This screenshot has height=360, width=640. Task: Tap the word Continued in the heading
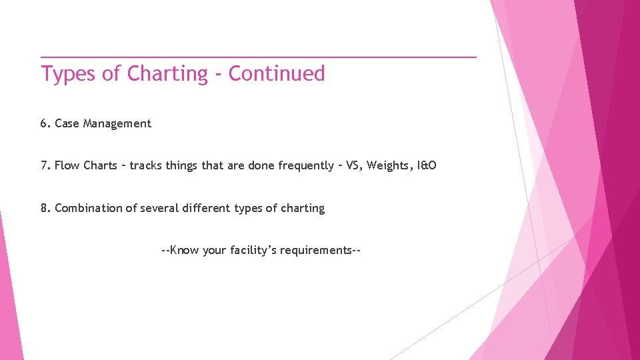coord(277,73)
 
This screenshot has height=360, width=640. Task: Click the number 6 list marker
coord(44,123)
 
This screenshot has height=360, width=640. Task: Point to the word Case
coord(67,123)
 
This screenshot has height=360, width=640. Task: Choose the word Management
coord(117,123)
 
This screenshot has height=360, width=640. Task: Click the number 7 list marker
coord(44,165)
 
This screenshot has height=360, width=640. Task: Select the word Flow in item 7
coord(67,165)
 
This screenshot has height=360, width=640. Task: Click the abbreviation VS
coord(353,165)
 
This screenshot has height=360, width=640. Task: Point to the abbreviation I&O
coord(427,165)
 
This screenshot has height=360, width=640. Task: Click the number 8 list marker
coord(44,208)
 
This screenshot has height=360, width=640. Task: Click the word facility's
coord(254,251)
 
